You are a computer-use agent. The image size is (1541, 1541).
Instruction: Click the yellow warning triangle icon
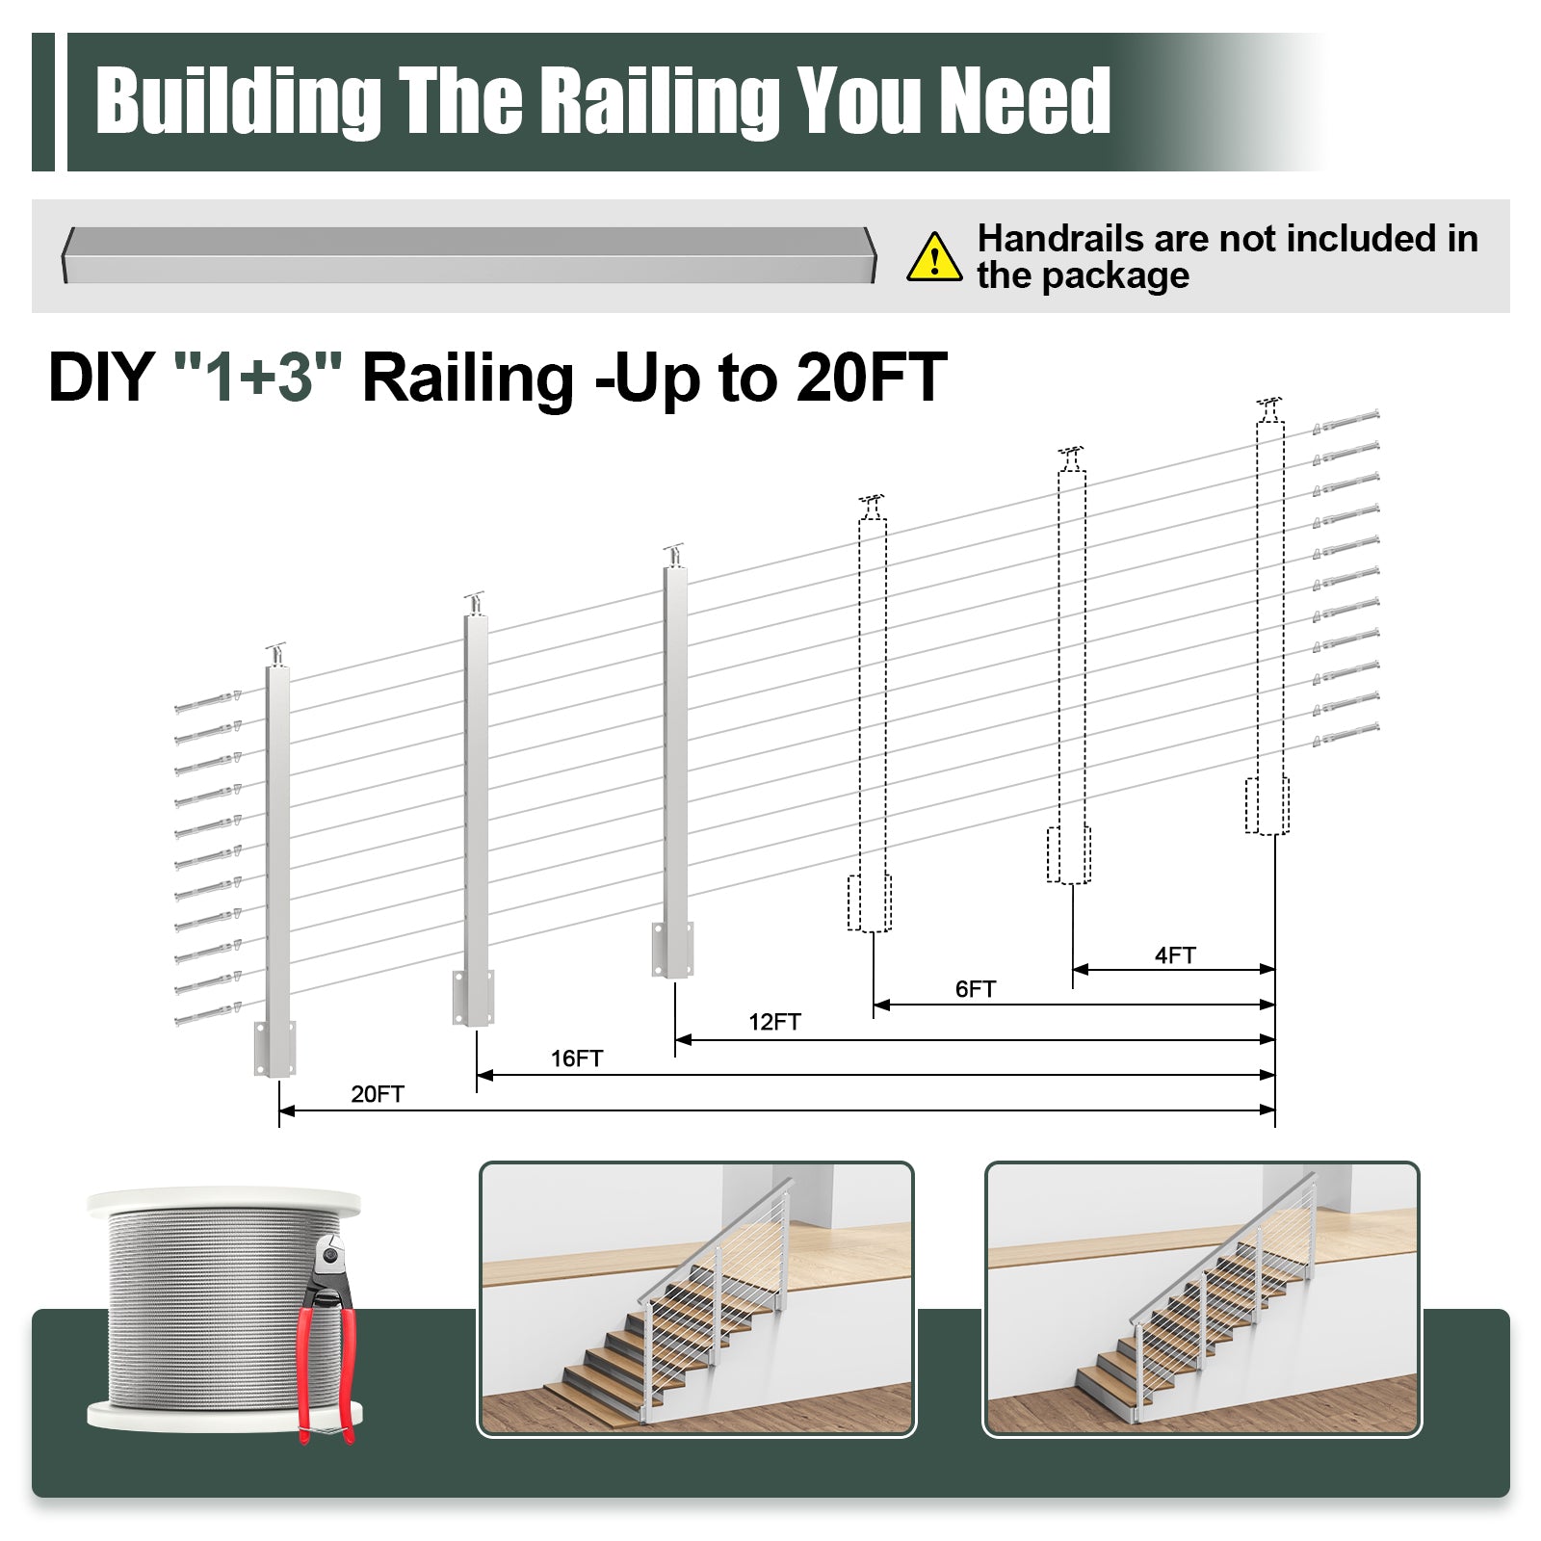933,257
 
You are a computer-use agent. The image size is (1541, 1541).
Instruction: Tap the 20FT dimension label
378,1094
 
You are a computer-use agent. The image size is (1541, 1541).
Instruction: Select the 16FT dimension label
576,1058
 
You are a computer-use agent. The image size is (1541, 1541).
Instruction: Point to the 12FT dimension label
774,1022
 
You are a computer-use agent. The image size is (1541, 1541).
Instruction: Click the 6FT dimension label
975,989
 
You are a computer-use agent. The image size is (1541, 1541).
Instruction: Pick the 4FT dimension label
1175,955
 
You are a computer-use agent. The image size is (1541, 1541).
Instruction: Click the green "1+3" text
257,377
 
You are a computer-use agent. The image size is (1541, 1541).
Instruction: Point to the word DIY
100,377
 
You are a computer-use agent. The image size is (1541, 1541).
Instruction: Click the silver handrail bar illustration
469,255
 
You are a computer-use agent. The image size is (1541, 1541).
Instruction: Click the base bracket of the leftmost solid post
274,1049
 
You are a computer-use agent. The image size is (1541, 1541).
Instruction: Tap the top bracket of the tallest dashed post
1269,408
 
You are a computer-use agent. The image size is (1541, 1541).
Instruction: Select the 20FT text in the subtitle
872,377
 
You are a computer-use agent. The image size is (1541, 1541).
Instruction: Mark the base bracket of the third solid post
673,950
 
